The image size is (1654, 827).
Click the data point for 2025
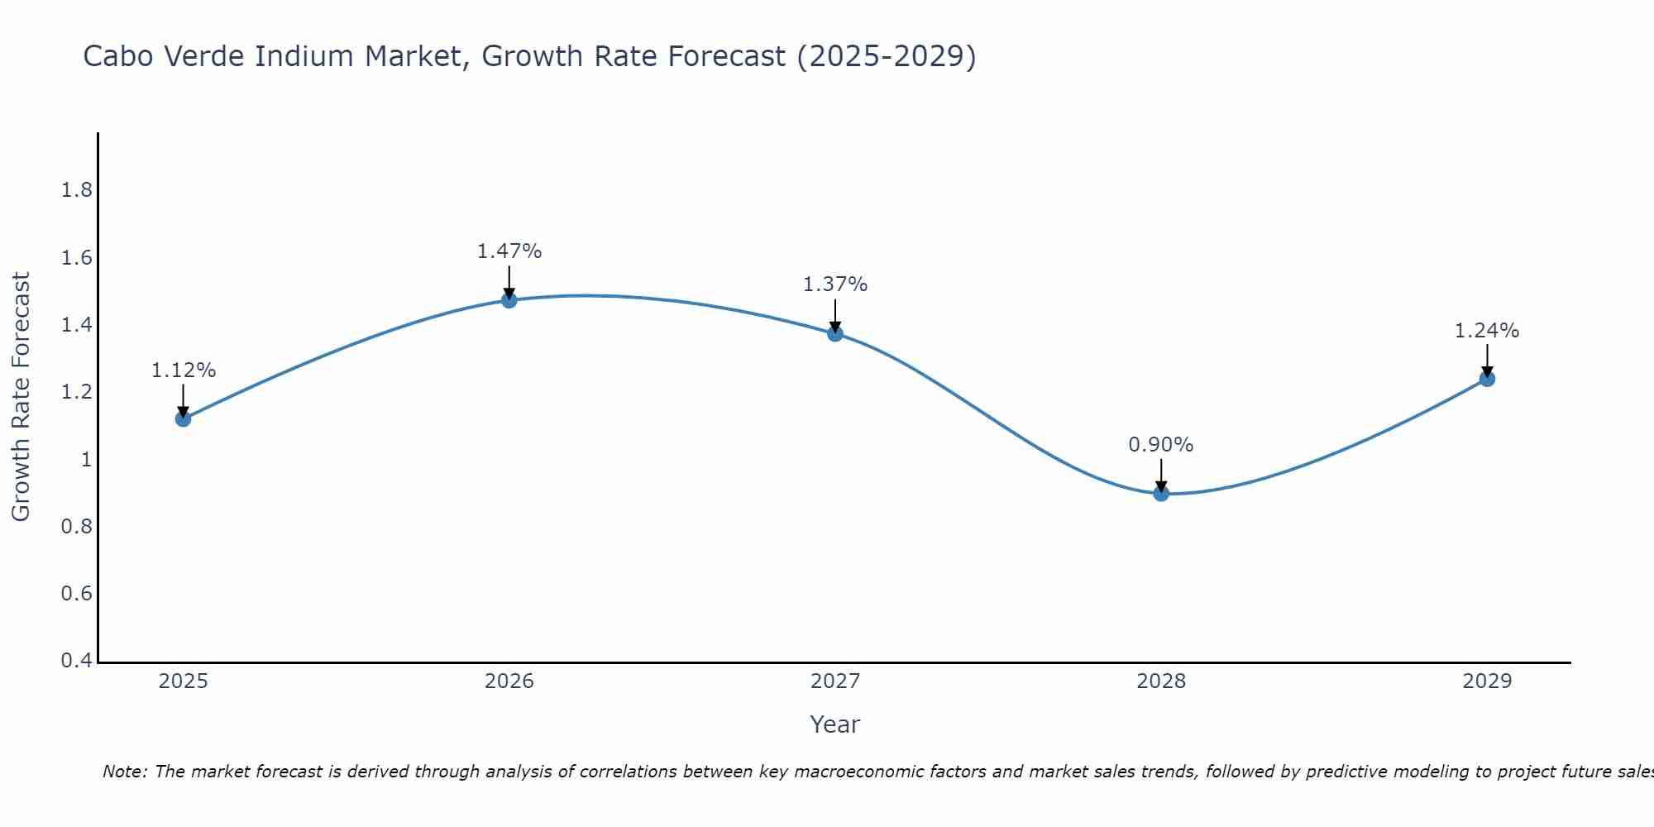tap(183, 419)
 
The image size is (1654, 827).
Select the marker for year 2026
tap(509, 300)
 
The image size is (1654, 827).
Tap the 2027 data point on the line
tap(835, 334)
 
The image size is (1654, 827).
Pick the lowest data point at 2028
tap(1161, 494)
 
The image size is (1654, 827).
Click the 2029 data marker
tap(1487, 379)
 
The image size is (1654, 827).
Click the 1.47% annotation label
tap(509, 251)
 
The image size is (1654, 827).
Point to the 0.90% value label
tap(1161, 445)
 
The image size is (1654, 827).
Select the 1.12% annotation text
tap(183, 370)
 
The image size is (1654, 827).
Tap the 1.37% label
tap(835, 284)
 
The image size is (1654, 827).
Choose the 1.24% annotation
tap(1487, 331)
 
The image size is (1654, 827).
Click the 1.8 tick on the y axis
tap(76, 191)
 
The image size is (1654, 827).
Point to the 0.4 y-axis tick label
tap(76, 661)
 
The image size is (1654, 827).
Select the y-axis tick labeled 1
tap(86, 460)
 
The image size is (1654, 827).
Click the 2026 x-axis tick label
tap(509, 681)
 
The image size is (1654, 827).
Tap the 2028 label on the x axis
tap(1161, 681)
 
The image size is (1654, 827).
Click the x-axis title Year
tap(835, 724)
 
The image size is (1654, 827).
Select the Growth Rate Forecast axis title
tap(21, 397)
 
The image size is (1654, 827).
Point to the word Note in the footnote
tap(124, 772)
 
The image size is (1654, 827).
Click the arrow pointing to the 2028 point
tap(1161, 476)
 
